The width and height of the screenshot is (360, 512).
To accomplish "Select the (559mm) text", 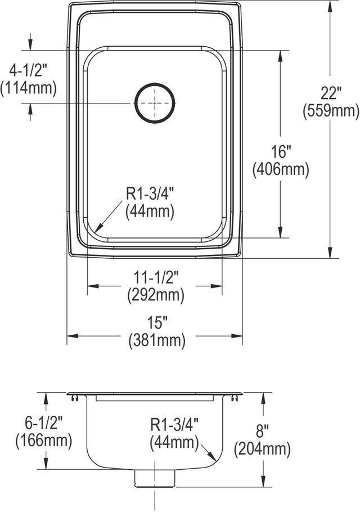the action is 331,111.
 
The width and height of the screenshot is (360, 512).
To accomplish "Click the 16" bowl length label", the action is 281,151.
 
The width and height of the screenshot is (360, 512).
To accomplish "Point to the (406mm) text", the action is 281,169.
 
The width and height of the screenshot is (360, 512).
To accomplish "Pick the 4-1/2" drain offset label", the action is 28,70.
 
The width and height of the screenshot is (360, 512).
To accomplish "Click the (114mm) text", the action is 28,88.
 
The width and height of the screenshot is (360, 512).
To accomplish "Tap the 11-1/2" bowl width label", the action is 156,278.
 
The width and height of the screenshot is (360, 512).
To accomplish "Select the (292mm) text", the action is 156,295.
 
